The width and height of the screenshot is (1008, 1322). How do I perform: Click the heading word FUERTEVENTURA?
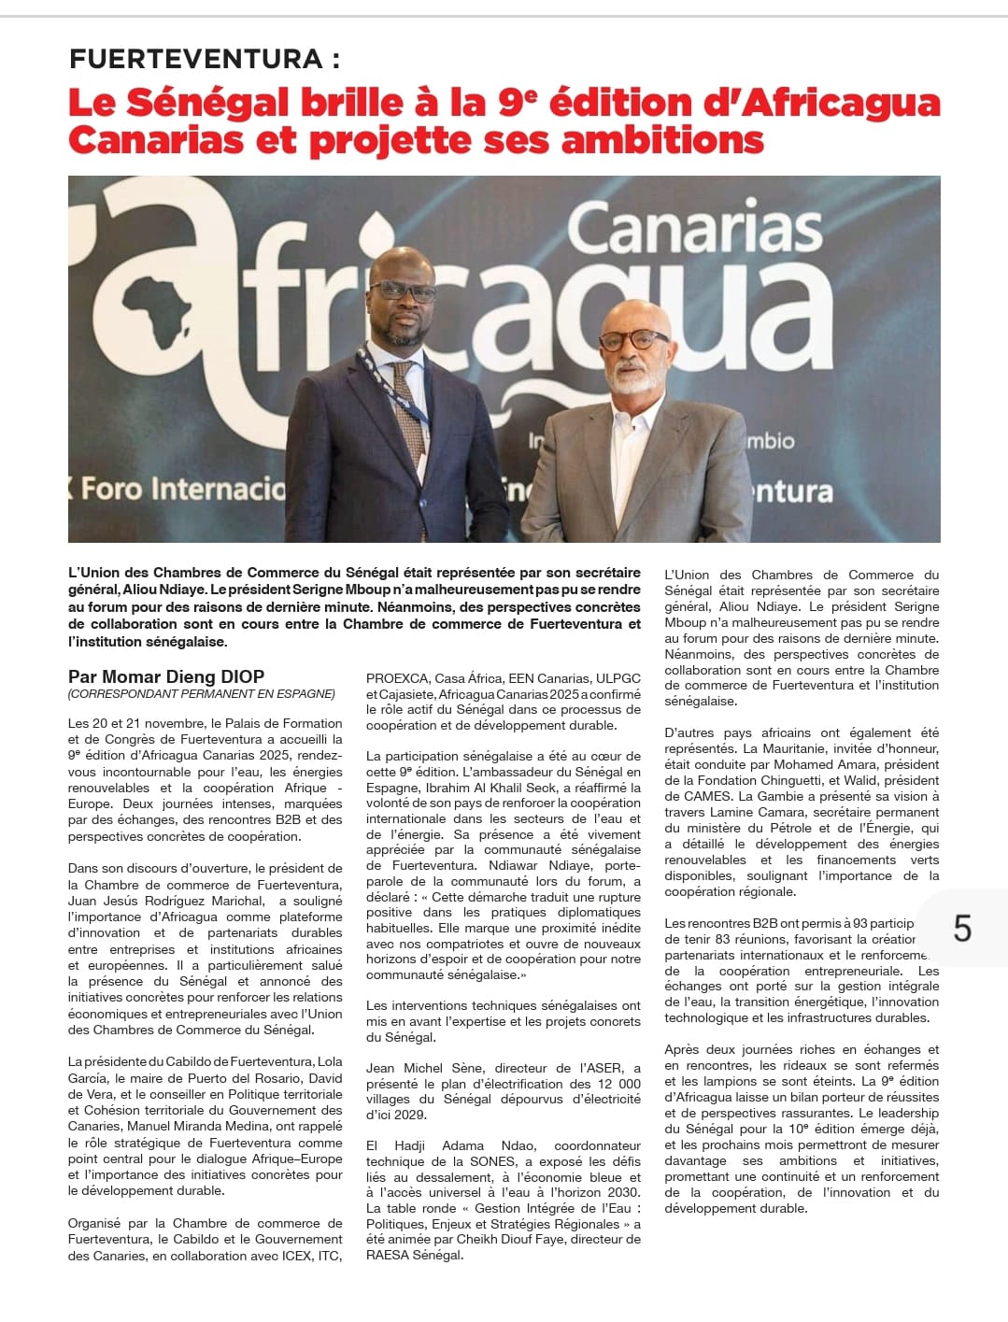tap(196, 59)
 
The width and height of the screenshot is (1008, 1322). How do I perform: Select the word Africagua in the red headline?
tap(821, 102)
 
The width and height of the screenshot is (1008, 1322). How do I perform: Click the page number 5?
tap(962, 928)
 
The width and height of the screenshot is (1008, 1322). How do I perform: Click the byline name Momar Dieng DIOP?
tap(166, 676)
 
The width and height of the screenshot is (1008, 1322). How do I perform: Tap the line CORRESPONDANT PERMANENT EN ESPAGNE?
tap(201, 694)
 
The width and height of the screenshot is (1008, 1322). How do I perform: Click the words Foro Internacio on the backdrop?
tap(183, 489)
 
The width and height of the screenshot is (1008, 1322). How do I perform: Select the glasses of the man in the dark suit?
tap(402, 291)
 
